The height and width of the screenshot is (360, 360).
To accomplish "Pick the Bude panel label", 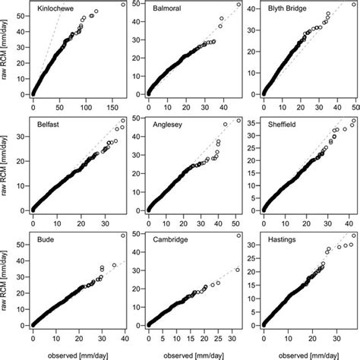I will [x=46, y=238].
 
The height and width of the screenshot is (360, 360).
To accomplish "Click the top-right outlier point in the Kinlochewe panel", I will [x=123, y=5].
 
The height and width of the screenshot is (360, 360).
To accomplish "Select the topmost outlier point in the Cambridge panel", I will [x=238, y=236].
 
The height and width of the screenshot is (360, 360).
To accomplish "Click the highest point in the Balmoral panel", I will [x=238, y=5].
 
